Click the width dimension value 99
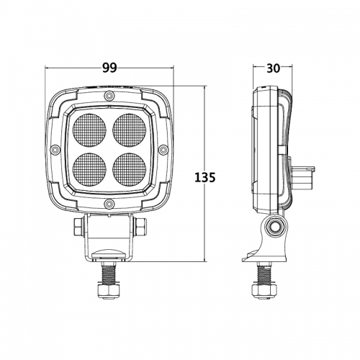tap(109, 68)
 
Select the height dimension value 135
tap(204, 178)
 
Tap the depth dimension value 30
tap(273, 68)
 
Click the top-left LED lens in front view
tap(89, 130)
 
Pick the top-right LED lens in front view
tap(130, 130)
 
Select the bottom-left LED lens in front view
tap(89, 169)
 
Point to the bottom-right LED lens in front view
tap(130, 169)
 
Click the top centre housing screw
tap(109, 96)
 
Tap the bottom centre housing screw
tap(109, 204)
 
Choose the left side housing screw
tap(55, 150)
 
